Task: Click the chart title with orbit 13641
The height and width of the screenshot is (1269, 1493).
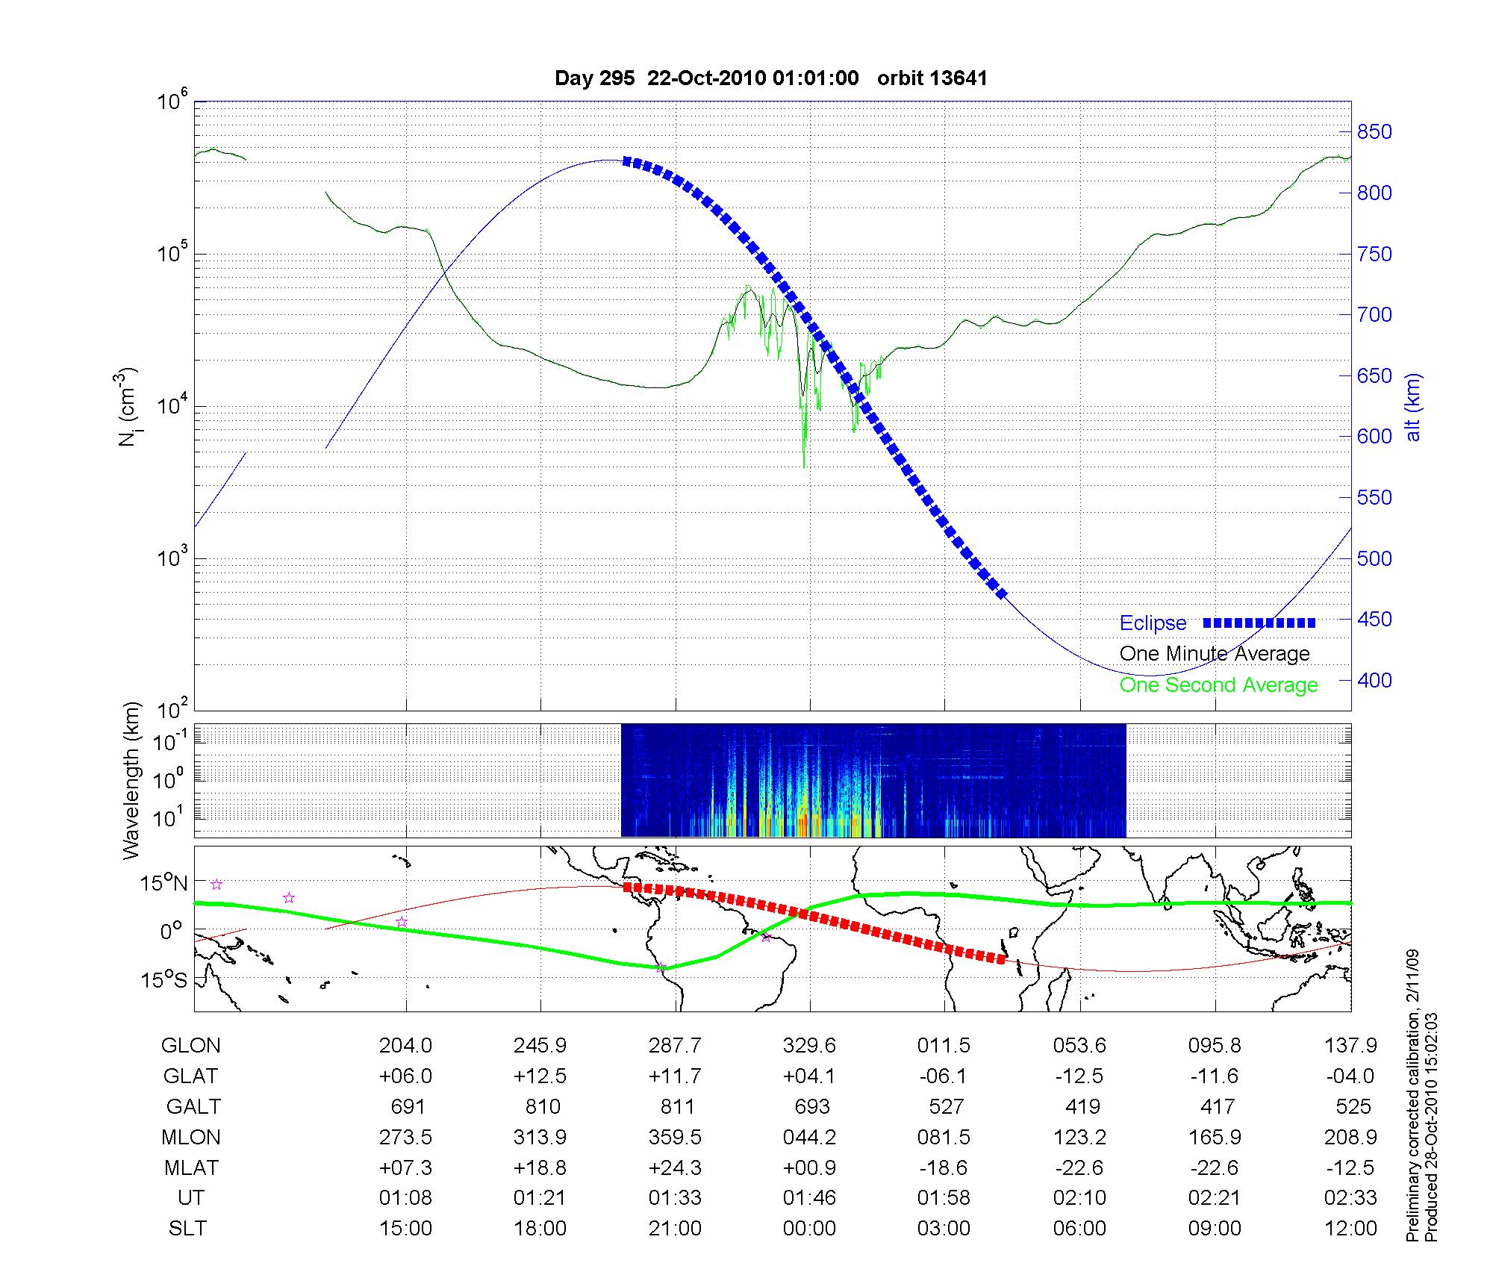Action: (770, 78)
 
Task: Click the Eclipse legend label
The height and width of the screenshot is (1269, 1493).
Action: (1153, 623)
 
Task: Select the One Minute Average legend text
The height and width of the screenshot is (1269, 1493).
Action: (1215, 654)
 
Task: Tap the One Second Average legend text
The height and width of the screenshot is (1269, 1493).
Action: (1218, 685)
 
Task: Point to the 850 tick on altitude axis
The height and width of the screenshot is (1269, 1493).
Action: (1374, 132)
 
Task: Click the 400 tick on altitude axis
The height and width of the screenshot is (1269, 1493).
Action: (1374, 681)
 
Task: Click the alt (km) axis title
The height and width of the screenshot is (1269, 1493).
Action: (1413, 407)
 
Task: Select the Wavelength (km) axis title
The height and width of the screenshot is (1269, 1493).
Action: (131, 781)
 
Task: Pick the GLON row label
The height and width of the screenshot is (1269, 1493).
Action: (190, 1046)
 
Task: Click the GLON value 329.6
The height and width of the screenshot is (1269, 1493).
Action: (809, 1046)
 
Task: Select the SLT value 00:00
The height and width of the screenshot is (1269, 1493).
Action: (809, 1229)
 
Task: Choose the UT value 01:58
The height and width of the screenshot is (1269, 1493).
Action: (944, 1198)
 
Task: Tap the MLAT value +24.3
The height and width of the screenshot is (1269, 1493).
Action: (675, 1167)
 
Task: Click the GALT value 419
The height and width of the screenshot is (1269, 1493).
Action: (1082, 1106)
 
